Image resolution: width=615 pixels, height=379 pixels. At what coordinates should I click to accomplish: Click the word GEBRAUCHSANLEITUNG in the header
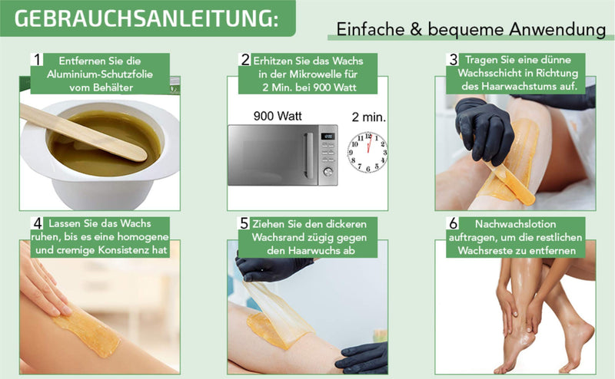pyautogui.click(x=144, y=18)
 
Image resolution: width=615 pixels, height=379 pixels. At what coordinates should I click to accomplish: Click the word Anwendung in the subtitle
pyautogui.click(x=557, y=30)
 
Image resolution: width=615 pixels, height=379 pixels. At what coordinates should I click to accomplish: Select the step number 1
pyautogui.click(x=37, y=60)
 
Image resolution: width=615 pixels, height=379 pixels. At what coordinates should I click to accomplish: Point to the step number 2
pyautogui.click(x=245, y=60)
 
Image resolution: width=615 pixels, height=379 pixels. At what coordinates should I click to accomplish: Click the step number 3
pyautogui.click(x=454, y=60)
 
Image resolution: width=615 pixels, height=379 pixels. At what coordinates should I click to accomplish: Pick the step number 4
pyautogui.click(x=38, y=223)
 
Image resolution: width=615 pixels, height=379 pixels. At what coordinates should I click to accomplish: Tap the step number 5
pyautogui.click(x=244, y=223)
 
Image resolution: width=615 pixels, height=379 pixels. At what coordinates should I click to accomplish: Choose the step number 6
pyautogui.click(x=454, y=223)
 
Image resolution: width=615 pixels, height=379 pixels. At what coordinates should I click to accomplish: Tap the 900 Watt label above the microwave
pyautogui.click(x=278, y=117)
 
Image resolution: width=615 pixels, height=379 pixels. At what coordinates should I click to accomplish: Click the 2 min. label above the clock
pyautogui.click(x=369, y=117)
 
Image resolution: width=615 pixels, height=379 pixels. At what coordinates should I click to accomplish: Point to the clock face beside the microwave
pyautogui.click(x=367, y=153)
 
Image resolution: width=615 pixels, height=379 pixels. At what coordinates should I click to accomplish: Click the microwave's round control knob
pyautogui.click(x=327, y=172)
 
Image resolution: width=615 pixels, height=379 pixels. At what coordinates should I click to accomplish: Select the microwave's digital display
pyautogui.click(x=328, y=137)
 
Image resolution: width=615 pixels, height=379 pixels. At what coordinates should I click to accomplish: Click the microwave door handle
pyautogui.click(x=309, y=156)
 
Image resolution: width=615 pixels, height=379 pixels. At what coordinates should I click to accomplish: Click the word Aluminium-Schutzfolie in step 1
pyautogui.click(x=100, y=74)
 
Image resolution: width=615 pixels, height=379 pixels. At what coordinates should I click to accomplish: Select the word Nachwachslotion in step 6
pyautogui.click(x=515, y=224)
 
